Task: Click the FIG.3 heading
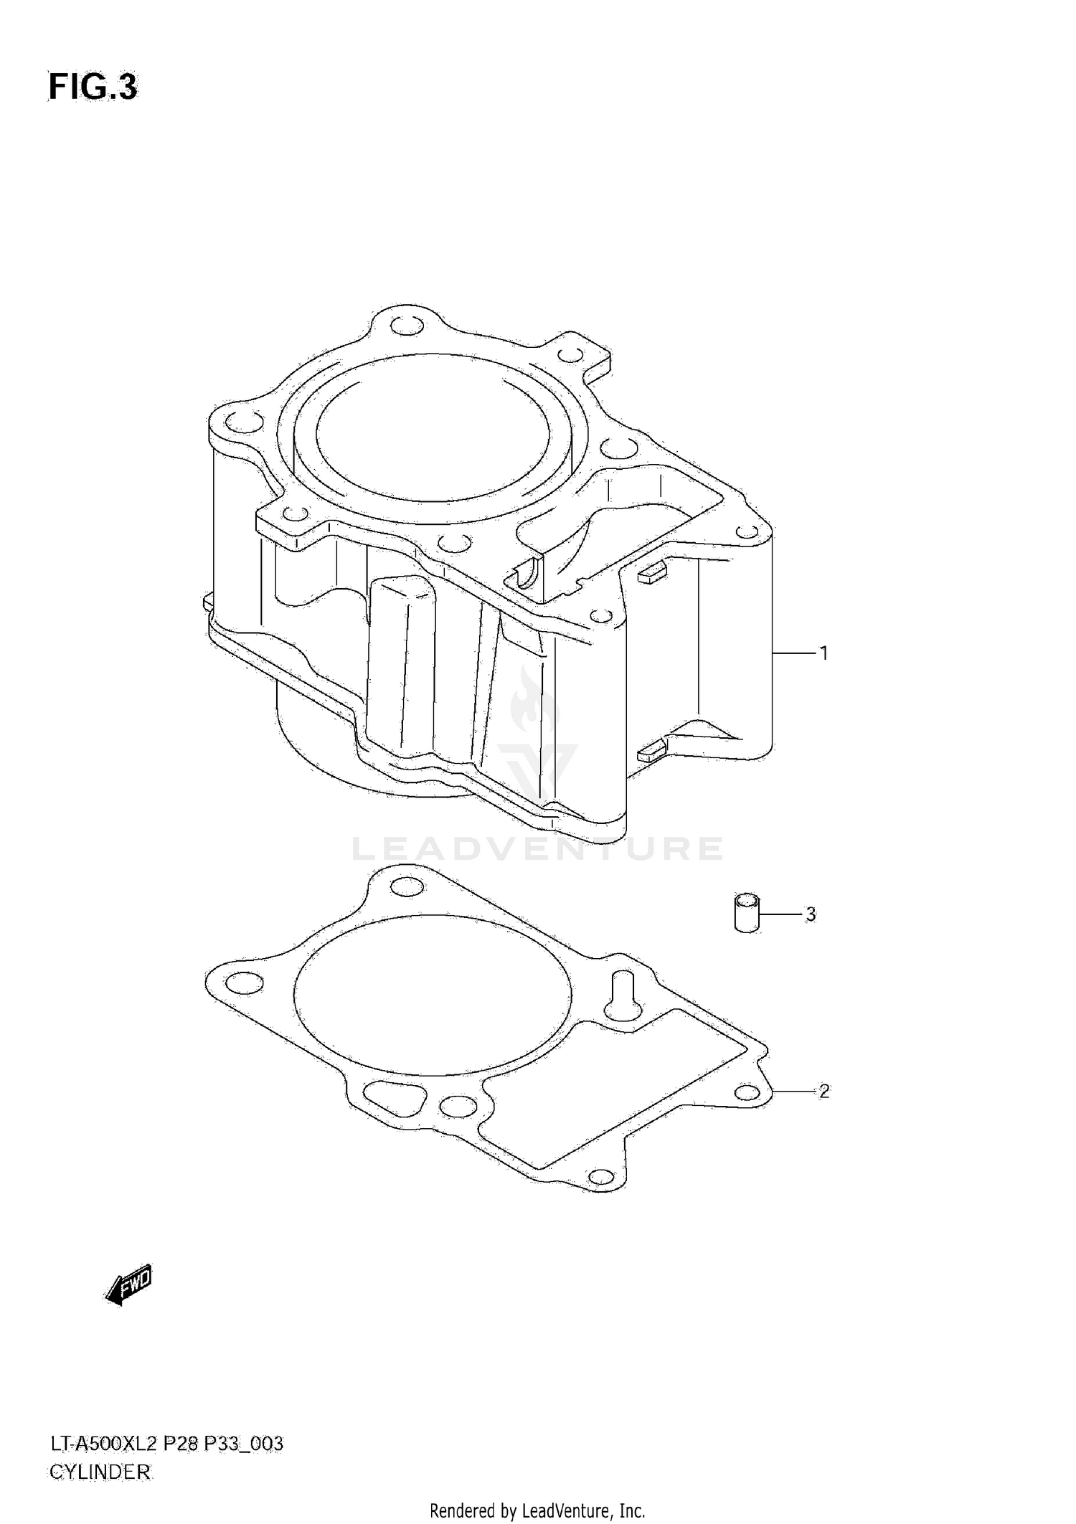[93, 87]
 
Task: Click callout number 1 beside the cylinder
[824, 653]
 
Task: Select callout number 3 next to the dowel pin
[811, 914]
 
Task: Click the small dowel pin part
[747, 913]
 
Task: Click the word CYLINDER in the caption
[100, 1472]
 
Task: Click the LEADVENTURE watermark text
[537, 849]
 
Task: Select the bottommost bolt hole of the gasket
[600, 1177]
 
